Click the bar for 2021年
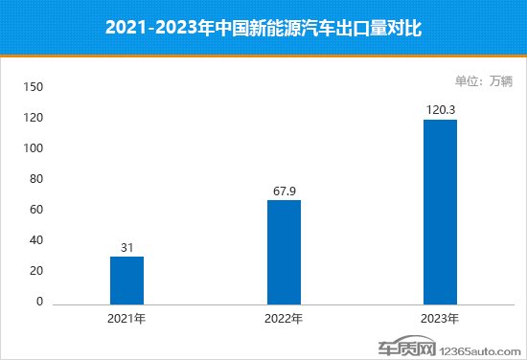(x=126, y=280)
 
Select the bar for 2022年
(x=284, y=253)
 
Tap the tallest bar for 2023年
(x=441, y=212)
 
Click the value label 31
(x=126, y=247)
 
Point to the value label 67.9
(x=284, y=191)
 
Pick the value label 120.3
(x=441, y=110)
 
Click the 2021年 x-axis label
(x=126, y=318)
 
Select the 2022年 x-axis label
(x=284, y=318)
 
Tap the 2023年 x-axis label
(x=441, y=318)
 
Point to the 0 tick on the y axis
(x=40, y=302)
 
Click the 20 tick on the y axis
(x=37, y=271)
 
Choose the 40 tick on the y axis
(x=37, y=240)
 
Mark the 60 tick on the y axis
(x=37, y=210)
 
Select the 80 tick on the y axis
(x=37, y=179)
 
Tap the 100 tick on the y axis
(x=34, y=148)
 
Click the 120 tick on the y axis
(x=34, y=118)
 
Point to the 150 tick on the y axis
(x=34, y=87)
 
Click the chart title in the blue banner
(x=263, y=29)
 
